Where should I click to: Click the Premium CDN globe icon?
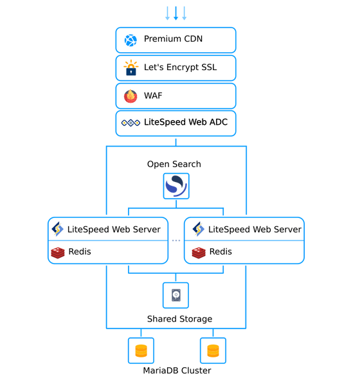130,41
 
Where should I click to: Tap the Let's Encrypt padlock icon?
130,68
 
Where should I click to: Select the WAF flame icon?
130,96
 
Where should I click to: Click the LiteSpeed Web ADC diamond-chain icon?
130,123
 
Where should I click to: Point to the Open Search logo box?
176,186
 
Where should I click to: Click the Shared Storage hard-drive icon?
176,295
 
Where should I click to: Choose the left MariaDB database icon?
141,350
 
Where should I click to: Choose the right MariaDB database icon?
213,350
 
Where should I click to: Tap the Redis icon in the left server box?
58,253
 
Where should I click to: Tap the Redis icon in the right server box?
199,253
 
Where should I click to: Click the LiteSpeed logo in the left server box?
57,229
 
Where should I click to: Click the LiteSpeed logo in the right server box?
199,229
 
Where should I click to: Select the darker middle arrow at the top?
176,14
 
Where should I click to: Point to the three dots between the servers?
176,240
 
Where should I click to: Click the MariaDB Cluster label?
177,370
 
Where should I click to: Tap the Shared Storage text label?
179,319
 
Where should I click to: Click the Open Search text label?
174,164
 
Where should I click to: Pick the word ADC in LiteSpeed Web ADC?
219,122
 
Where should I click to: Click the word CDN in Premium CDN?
193,39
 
